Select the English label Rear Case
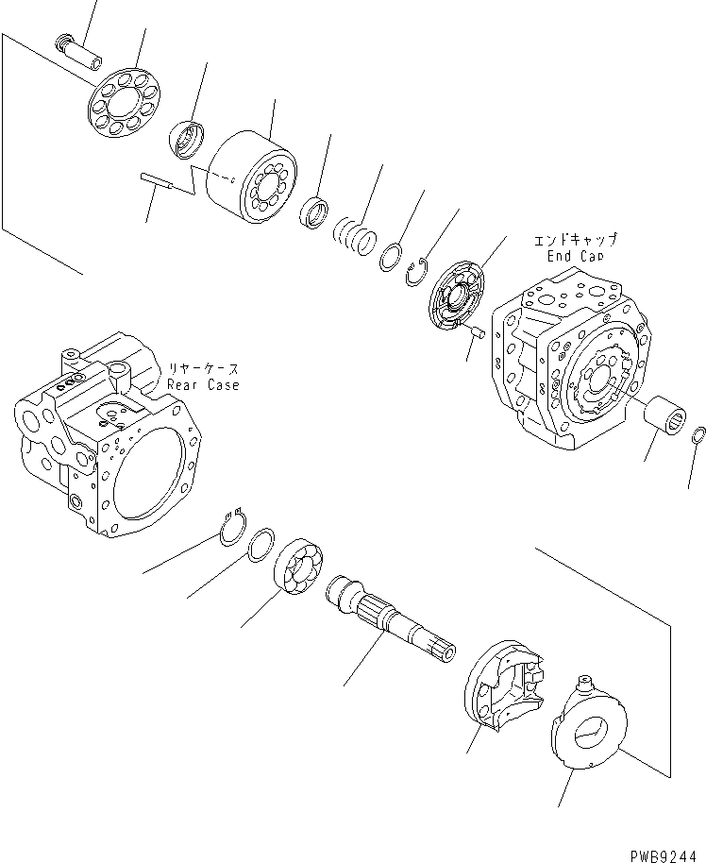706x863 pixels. click(203, 384)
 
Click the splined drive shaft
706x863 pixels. click(388, 619)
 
